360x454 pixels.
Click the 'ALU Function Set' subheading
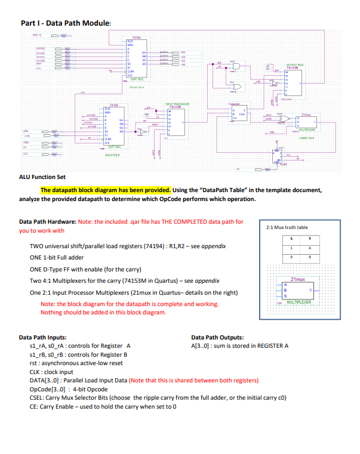44,177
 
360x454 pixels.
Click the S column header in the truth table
291,240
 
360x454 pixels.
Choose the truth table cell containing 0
291,257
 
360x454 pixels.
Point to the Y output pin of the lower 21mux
312,290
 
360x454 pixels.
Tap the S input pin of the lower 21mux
285,296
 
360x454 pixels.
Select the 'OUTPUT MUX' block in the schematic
295,65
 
